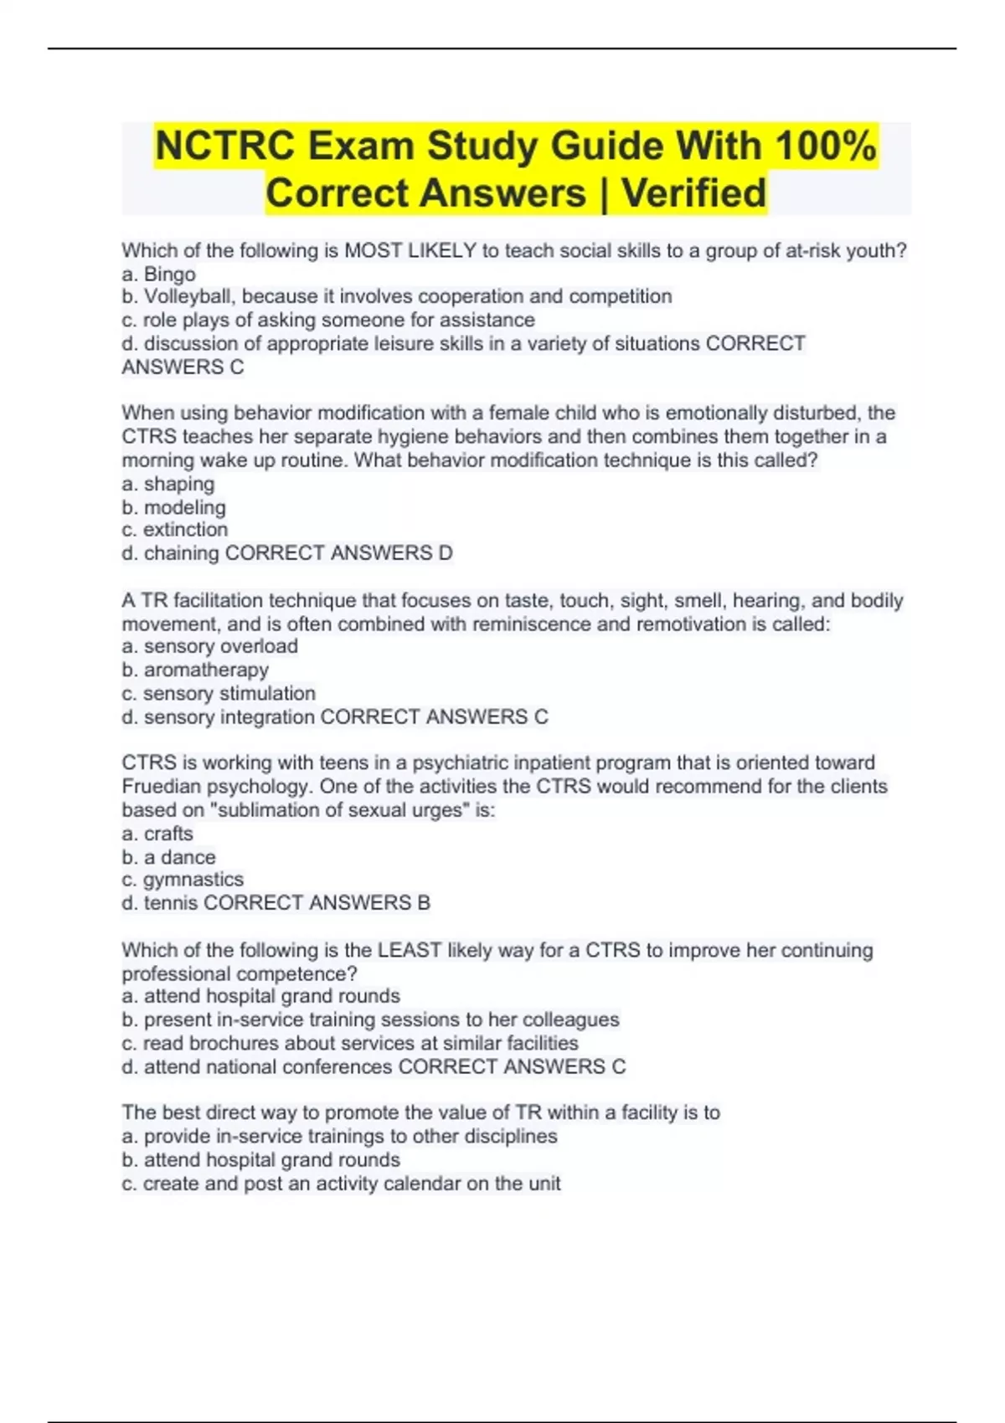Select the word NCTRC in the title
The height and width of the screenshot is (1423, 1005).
[225, 146]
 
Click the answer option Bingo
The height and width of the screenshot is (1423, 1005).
[170, 275]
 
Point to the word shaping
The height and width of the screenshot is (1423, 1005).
[179, 484]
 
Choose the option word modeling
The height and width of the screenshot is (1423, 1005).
[185, 507]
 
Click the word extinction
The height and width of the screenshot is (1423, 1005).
[185, 530]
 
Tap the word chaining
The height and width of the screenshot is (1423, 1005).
[181, 553]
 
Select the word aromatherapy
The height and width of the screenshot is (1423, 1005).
[206, 670]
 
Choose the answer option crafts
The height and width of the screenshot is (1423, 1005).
[168, 834]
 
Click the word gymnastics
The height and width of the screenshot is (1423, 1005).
[193, 880]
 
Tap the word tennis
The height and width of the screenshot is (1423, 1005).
[171, 903]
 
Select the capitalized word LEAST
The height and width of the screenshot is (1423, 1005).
[410, 950]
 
